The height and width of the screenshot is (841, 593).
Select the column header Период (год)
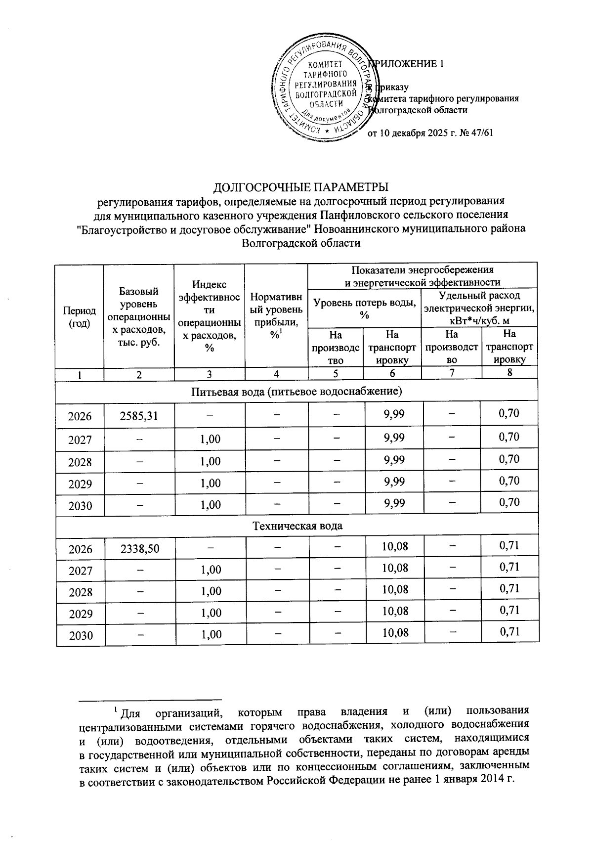click(x=80, y=316)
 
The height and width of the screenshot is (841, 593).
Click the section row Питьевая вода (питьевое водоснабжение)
click(x=297, y=392)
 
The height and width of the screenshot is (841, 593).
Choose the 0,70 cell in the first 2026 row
click(x=509, y=413)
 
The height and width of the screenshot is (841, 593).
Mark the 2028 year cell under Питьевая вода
click(x=80, y=462)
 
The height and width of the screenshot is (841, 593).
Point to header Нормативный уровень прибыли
click(x=276, y=316)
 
